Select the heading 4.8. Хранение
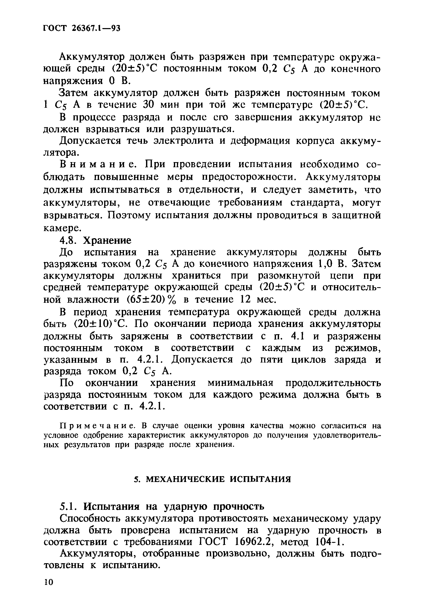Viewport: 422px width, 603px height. click(95, 240)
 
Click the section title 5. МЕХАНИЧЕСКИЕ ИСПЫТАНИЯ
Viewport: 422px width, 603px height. click(212, 479)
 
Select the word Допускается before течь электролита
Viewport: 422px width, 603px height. click(90, 141)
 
